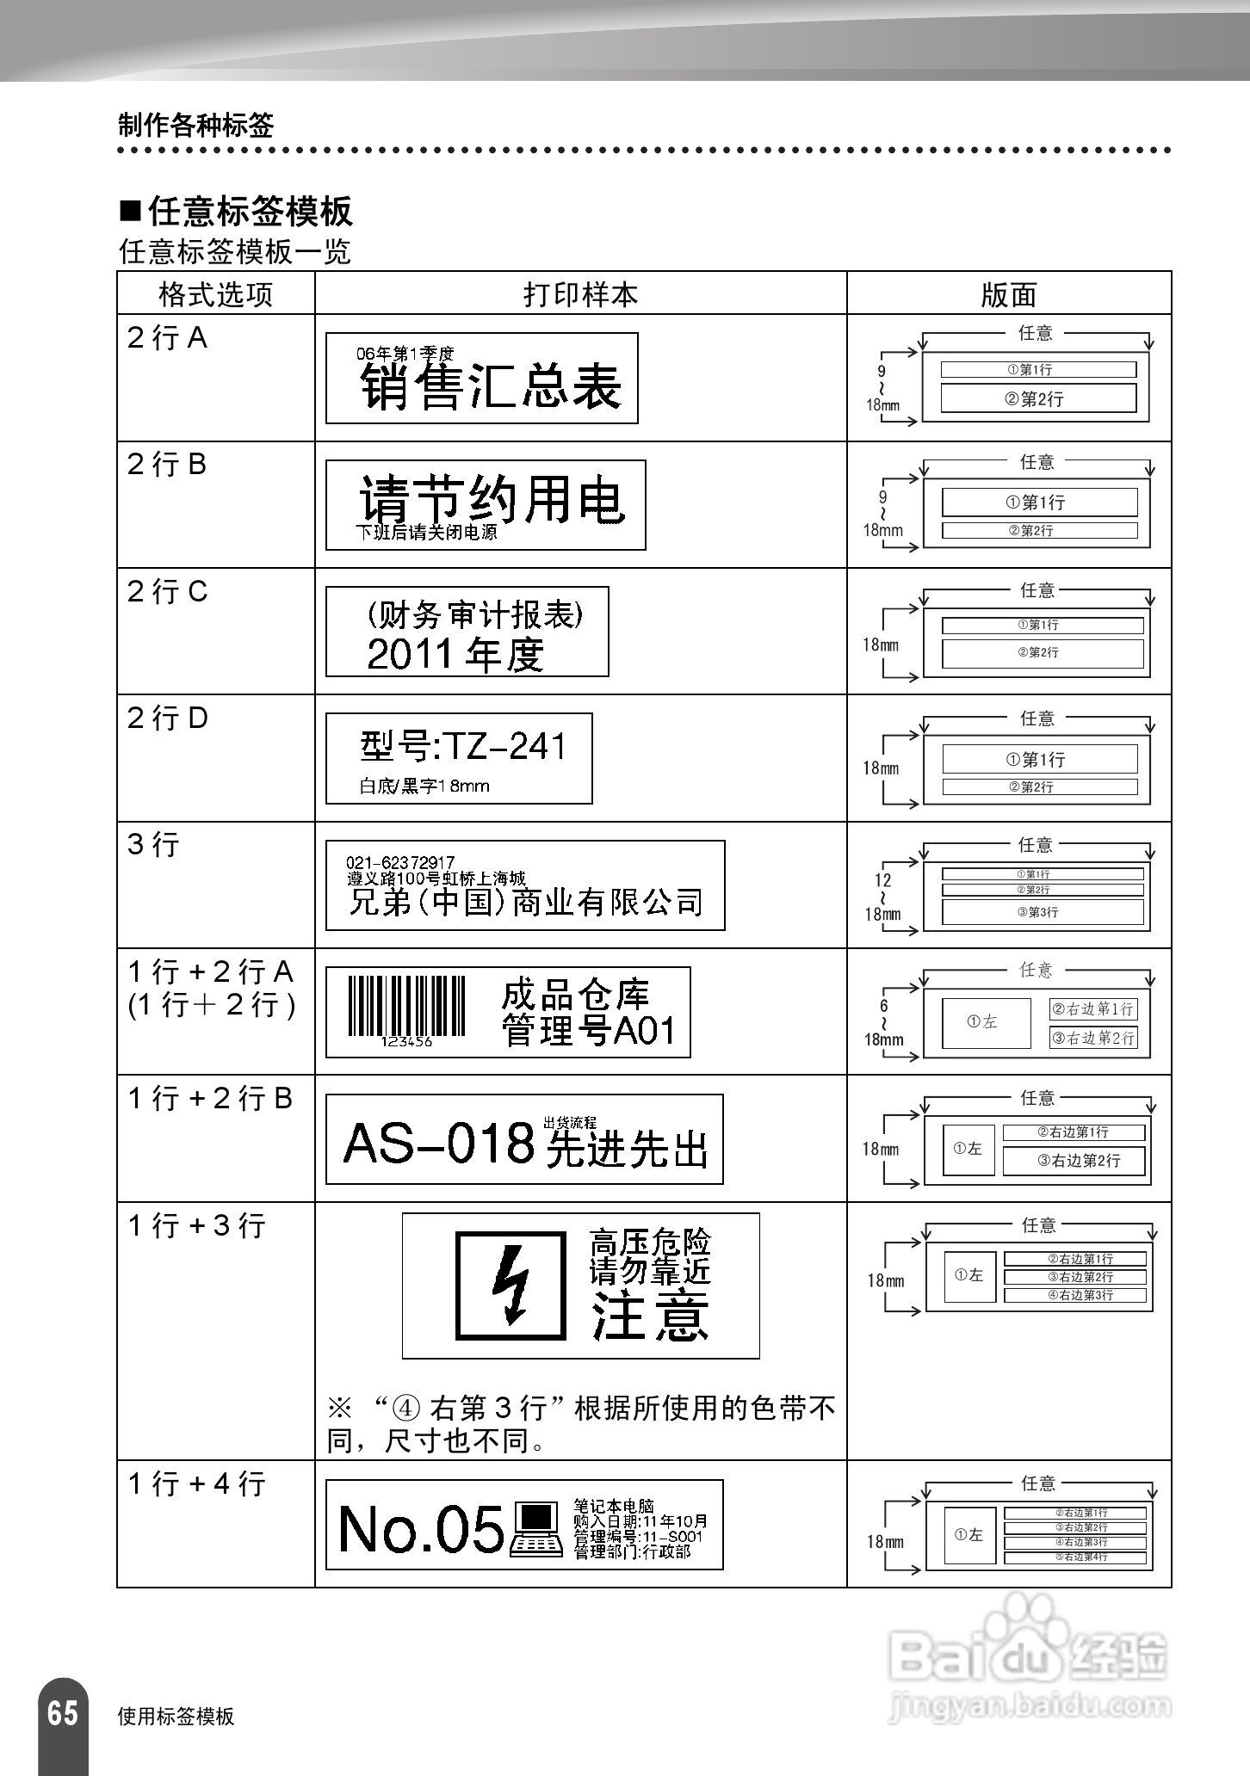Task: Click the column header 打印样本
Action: (580, 294)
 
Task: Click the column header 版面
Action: (1008, 295)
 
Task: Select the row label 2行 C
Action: (168, 592)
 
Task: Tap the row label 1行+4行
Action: (196, 1483)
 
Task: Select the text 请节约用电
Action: (491, 499)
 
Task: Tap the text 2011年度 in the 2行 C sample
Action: (455, 654)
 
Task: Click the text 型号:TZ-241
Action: (463, 746)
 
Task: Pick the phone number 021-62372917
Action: (400, 862)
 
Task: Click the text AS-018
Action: (439, 1144)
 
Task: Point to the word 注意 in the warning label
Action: (650, 1316)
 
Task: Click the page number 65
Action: (62, 1712)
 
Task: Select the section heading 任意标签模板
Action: (250, 212)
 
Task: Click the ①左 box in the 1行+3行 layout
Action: (969, 1275)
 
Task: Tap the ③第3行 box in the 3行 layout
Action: (1043, 911)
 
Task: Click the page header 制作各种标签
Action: (196, 126)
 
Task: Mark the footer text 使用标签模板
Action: (176, 1716)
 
